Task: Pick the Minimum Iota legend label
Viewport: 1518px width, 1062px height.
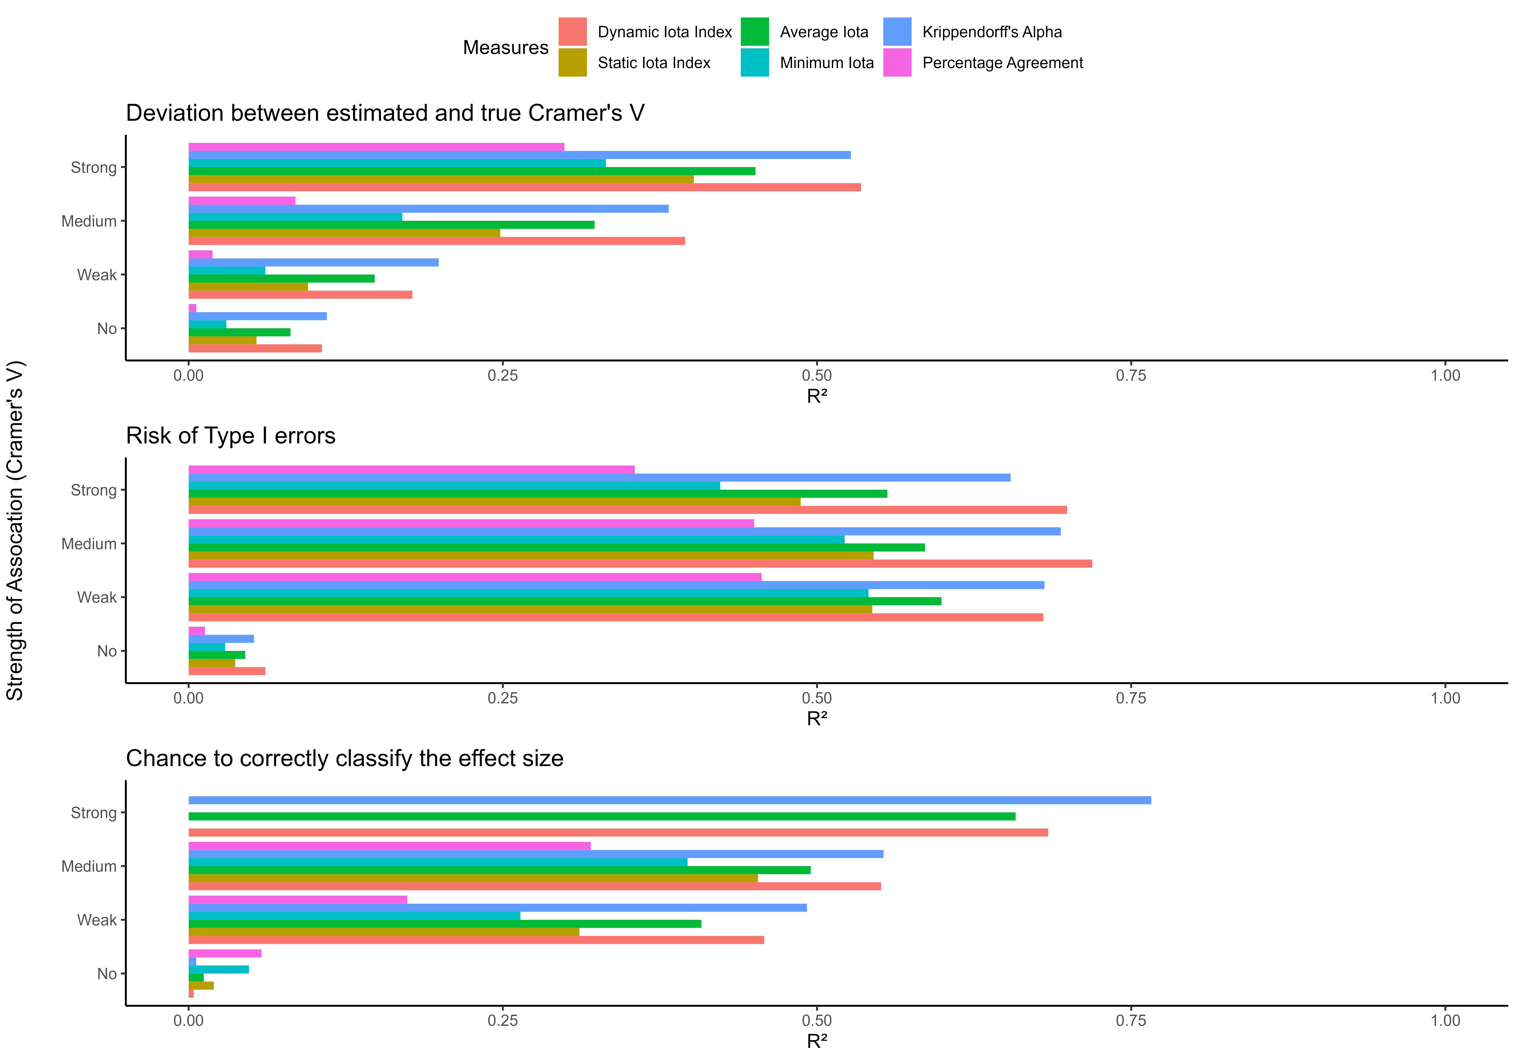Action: click(826, 63)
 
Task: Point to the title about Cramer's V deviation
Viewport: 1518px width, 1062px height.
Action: click(385, 113)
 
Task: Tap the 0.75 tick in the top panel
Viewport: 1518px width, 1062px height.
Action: click(1130, 375)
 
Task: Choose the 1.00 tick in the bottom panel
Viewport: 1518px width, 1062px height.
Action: click(1445, 1020)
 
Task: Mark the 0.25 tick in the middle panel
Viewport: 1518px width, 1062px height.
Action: click(503, 698)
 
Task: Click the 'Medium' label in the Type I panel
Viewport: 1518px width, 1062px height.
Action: click(89, 544)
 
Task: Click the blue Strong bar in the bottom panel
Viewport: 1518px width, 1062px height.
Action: click(669, 800)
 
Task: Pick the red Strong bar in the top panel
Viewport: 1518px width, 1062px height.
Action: click(524, 187)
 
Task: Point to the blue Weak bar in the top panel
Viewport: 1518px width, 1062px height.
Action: click(313, 262)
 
